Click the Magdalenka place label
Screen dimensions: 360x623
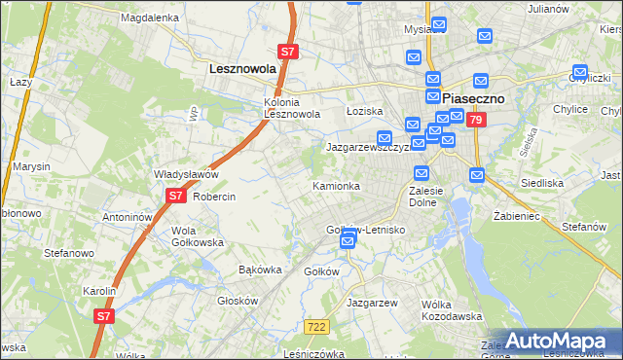point(149,18)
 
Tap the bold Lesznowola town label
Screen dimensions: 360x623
point(243,70)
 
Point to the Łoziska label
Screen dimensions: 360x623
point(365,112)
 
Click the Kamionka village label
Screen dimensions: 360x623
point(336,186)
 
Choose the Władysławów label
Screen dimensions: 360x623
point(186,175)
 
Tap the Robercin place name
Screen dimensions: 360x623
point(214,196)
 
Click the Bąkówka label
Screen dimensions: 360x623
point(260,270)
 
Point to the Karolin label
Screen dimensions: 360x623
point(99,291)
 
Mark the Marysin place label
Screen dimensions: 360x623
point(32,166)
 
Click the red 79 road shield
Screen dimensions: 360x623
point(475,121)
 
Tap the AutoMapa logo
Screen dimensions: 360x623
point(559,341)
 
